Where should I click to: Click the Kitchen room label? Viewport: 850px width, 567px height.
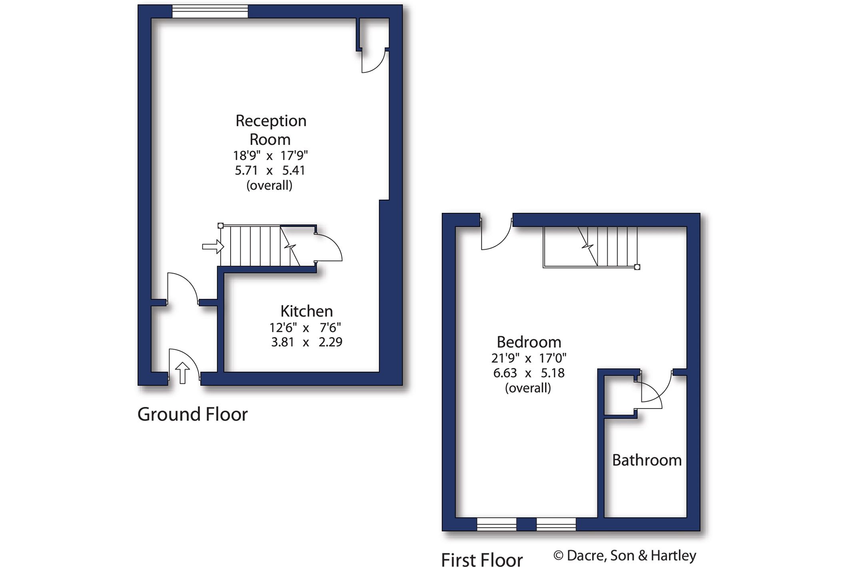306,311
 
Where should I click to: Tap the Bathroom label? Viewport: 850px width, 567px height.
646,460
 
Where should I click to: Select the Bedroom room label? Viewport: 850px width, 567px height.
529,342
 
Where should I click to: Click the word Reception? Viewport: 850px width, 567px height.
271,121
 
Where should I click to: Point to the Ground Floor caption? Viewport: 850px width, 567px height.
192,414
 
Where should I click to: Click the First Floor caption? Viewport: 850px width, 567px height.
481,559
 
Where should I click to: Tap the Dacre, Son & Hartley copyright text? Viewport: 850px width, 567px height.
625,555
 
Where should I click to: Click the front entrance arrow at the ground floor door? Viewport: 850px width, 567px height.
183,373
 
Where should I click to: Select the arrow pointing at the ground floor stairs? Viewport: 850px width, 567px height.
212,246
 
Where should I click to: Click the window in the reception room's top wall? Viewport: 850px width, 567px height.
210,11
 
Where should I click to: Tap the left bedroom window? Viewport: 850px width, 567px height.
497,524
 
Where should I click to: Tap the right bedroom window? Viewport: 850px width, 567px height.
556,524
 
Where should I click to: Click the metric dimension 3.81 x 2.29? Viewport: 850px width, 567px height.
306,342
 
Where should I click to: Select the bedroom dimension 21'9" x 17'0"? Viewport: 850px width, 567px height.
529,358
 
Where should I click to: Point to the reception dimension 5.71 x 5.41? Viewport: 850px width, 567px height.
270,170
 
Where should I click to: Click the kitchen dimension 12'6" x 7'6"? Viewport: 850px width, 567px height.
305,328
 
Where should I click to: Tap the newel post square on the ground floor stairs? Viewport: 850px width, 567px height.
220,226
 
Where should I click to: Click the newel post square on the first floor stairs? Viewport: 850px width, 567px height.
637,267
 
